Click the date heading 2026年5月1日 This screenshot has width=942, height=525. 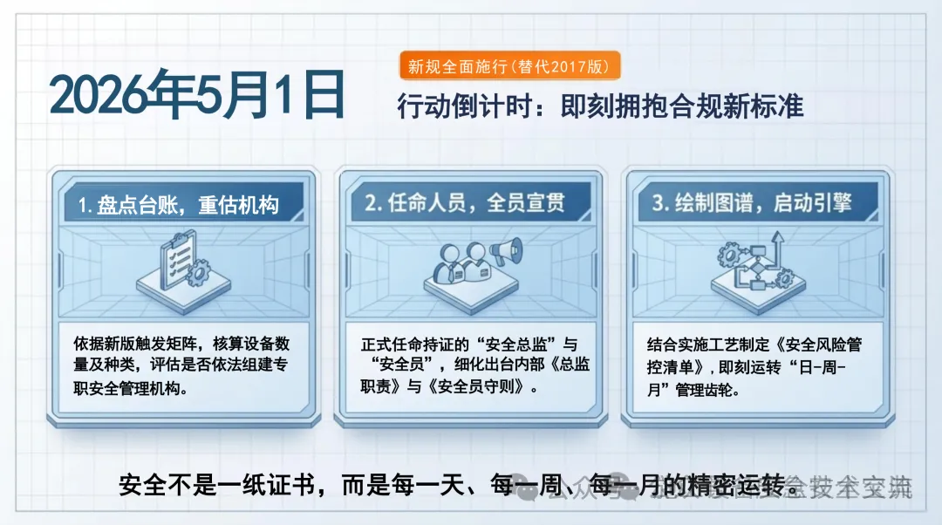(x=197, y=96)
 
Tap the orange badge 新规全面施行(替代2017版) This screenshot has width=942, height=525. (x=510, y=65)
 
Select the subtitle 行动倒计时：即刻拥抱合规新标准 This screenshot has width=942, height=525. (x=599, y=106)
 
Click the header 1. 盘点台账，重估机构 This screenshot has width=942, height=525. (x=178, y=206)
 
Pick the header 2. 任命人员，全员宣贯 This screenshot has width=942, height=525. (x=464, y=204)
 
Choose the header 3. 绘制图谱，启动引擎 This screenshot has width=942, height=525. (x=752, y=204)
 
